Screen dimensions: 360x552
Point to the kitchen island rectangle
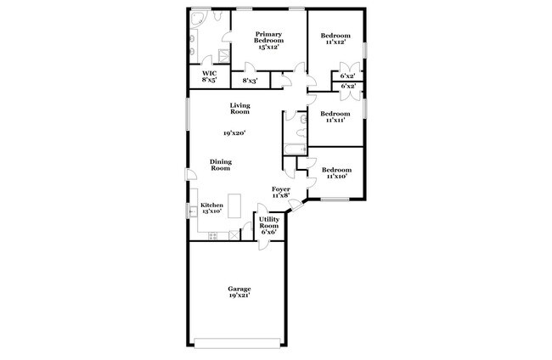[235, 206]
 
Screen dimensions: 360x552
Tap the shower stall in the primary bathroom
[224, 56]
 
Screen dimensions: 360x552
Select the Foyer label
[281, 188]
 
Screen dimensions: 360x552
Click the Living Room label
[239, 108]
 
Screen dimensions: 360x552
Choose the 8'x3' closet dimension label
[251, 82]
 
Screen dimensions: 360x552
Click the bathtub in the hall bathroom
[294, 149]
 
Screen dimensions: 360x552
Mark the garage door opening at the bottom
[238, 343]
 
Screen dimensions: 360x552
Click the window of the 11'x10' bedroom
[335, 200]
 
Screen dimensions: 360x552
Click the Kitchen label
[211, 206]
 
